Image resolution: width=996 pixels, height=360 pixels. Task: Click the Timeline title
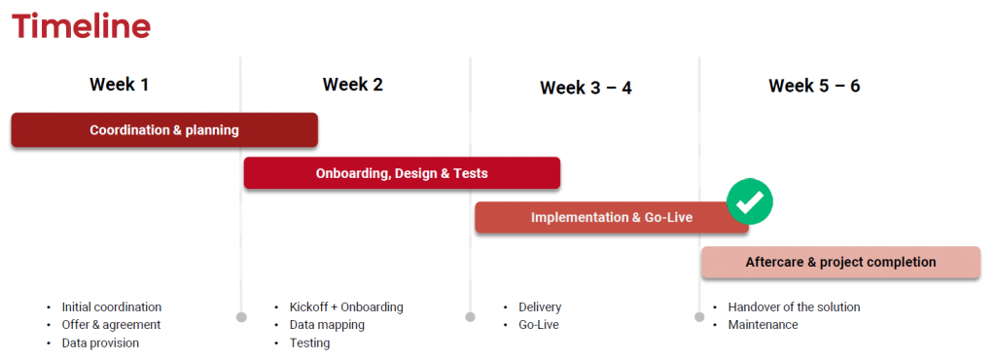pos(81,26)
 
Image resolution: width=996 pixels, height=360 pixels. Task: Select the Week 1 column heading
pos(119,85)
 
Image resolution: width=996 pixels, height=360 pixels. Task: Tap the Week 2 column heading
pos(352,85)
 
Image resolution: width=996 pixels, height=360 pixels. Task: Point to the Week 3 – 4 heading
pos(586,88)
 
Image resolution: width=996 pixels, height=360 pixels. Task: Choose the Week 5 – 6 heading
pos(814,86)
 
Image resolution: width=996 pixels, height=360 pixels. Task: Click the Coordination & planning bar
pos(164,129)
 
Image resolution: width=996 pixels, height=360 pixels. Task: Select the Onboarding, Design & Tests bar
pos(402,173)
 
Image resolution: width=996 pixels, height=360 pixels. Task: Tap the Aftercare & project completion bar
pos(840,262)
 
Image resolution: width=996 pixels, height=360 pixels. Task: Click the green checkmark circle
pos(750,201)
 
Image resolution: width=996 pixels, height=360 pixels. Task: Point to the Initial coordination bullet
pos(111,306)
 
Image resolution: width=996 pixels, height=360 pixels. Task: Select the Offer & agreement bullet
pos(111,325)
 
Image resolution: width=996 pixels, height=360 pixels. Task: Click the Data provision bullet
pos(100,342)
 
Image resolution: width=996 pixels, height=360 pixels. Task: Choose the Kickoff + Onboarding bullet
pos(345,306)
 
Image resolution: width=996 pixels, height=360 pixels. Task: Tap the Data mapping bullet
pos(327,325)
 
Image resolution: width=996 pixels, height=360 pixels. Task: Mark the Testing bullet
pos(309,342)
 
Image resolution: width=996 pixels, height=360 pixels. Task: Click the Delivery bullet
pos(540,306)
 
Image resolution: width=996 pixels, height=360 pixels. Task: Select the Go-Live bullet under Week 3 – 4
pos(539,325)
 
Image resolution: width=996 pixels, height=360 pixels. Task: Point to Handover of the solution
pos(794,306)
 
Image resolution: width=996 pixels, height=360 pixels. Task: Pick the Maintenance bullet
pos(763,325)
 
